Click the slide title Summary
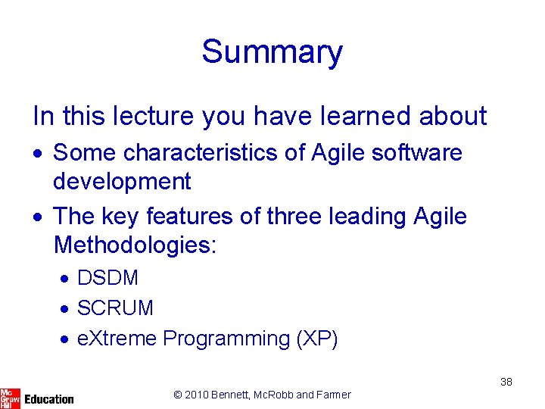pos(272,52)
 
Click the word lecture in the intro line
pos(145,116)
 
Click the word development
pos(122,182)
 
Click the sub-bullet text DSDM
pos(107,278)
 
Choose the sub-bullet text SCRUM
pos(115,308)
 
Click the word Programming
pos(226,339)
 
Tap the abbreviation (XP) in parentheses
pos(317,339)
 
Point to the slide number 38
pos(506,382)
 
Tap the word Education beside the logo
pos(49,398)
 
